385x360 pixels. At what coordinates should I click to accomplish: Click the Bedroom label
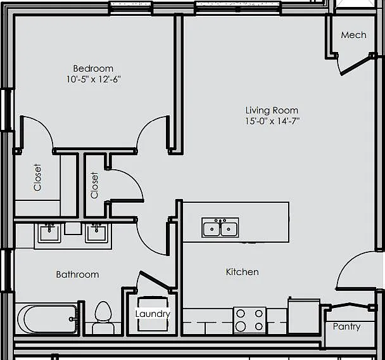point(93,68)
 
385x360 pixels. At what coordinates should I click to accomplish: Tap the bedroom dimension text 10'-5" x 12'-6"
point(94,79)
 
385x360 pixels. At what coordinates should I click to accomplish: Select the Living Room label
point(272,110)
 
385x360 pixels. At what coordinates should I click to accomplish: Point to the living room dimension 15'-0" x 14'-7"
point(272,121)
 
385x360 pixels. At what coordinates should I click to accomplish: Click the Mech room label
point(353,35)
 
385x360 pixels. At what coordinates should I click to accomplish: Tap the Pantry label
point(347,326)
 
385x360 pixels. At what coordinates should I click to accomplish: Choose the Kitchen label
point(243,272)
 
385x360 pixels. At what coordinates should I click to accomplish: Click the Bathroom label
point(78,274)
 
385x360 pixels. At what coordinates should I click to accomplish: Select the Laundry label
point(153,314)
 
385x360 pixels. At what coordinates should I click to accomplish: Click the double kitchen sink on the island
point(220,228)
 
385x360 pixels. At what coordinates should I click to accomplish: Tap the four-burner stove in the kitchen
point(249,320)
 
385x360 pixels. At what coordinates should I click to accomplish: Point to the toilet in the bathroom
point(103,318)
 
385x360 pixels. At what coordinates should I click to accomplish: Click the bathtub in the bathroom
point(47,319)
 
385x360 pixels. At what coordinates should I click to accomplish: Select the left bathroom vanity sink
point(49,233)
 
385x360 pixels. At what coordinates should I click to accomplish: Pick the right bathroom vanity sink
point(96,233)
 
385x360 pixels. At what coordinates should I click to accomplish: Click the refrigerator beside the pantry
point(304,316)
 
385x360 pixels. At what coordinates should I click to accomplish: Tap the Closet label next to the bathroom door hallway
point(94,185)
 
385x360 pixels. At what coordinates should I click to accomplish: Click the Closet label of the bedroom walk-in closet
point(37,177)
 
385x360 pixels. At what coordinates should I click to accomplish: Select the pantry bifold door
point(349,306)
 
